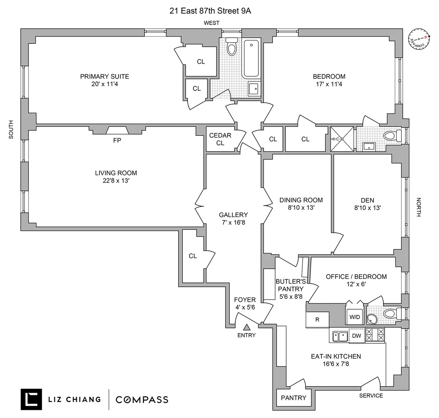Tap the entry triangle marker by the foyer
click(x=247, y=327)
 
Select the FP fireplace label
click(x=117, y=140)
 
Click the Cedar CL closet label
click(x=220, y=139)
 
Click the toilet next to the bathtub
click(x=231, y=47)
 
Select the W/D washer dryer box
click(x=354, y=317)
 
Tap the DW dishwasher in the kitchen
click(x=357, y=336)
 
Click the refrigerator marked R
click(x=317, y=319)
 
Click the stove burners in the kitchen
click(x=375, y=335)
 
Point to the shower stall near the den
click(x=342, y=139)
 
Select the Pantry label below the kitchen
click(x=293, y=398)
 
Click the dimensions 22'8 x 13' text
click(x=116, y=181)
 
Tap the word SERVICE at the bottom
click(x=371, y=395)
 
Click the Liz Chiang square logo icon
click(x=31, y=399)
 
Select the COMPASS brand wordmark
click(x=142, y=399)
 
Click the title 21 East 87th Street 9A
click(x=210, y=11)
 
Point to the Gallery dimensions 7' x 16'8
click(x=233, y=222)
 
